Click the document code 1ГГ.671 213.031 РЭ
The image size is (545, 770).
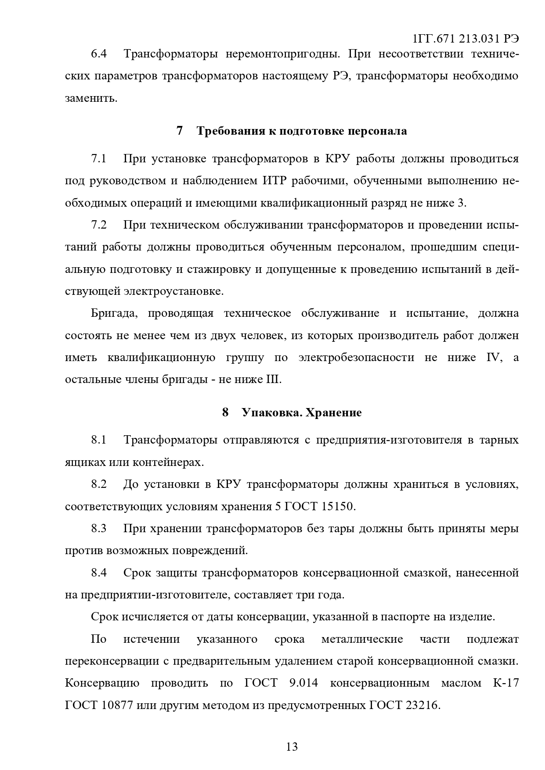pos(466,39)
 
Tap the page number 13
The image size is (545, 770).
pos(292,746)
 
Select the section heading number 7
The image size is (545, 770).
pos(179,131)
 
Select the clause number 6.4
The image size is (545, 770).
pos(99,54)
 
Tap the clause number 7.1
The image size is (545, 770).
pos(99,158)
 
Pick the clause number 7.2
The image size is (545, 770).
pos(99,225)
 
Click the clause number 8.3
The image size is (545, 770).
pos(99,528)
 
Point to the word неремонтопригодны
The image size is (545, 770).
pos(283,54)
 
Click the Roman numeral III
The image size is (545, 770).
pos(272,380)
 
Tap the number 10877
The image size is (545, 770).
pos(117,706)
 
